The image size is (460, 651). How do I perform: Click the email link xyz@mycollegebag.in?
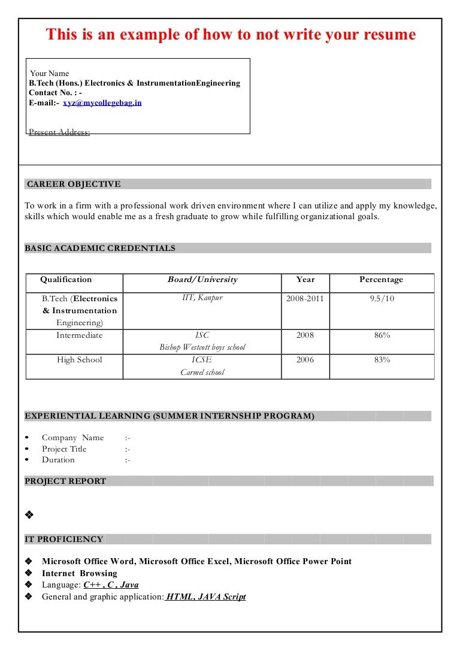click(x=102, y=102)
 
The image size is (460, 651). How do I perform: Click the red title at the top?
click(x=231, y=35)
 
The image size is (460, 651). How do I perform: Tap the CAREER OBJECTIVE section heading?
click(x=74, y=184)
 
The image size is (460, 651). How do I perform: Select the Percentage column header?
click(x=381, y=280)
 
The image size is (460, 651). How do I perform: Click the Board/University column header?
click(x=202, y=280)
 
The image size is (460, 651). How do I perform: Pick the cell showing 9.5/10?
click(x=382, y=298)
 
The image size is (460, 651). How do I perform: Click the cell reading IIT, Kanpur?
click(x=202, y=298)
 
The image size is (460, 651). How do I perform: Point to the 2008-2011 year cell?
click(x=305, y=298)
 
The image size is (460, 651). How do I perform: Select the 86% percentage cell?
click(x=382, y=335)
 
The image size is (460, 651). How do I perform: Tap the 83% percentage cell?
click(x=382, y=360)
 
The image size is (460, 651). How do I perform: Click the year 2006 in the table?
click(x=305, y=360)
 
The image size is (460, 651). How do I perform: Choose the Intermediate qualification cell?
click(x=80, y=335)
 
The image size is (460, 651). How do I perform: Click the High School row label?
click(x=80, y=360)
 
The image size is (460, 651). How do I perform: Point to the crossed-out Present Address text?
click(x=59, y=132)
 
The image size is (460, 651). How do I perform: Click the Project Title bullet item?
click(x=64, y=449)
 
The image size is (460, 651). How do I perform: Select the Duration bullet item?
click(x=58, y=460)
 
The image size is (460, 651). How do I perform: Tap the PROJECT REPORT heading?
click(x=65, y=481)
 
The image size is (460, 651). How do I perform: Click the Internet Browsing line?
click(x=80, y=573)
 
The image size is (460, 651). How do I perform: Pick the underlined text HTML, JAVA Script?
click(x=206, y=597)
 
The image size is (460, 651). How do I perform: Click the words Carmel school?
click(x=202, y=373)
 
